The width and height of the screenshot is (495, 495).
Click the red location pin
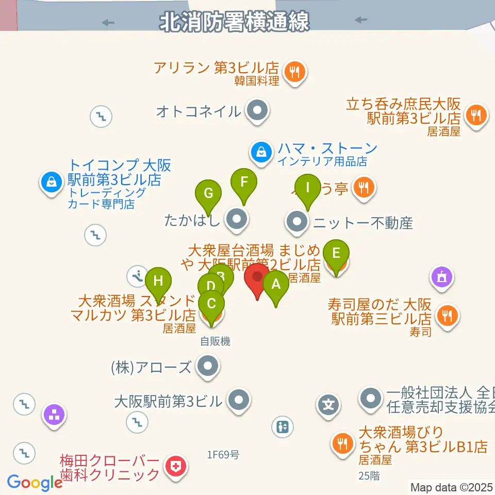(x=257, y=279)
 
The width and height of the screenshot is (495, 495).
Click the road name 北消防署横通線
(x=235, y=22)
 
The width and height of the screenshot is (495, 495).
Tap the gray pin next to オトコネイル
(x=257, y=110)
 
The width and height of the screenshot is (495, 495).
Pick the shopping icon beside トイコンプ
(x=52, y=181)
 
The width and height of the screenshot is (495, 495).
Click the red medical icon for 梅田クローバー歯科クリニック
(x=176, y=467)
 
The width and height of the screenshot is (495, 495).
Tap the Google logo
(x=35, y=483)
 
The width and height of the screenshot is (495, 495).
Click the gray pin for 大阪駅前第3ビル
(x=238, y=400)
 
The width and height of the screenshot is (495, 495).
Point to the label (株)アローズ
(x=151, y=368)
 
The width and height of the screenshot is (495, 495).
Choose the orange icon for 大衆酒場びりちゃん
(x=341, y=441)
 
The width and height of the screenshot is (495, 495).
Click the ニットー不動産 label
(x=364, y=223)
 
